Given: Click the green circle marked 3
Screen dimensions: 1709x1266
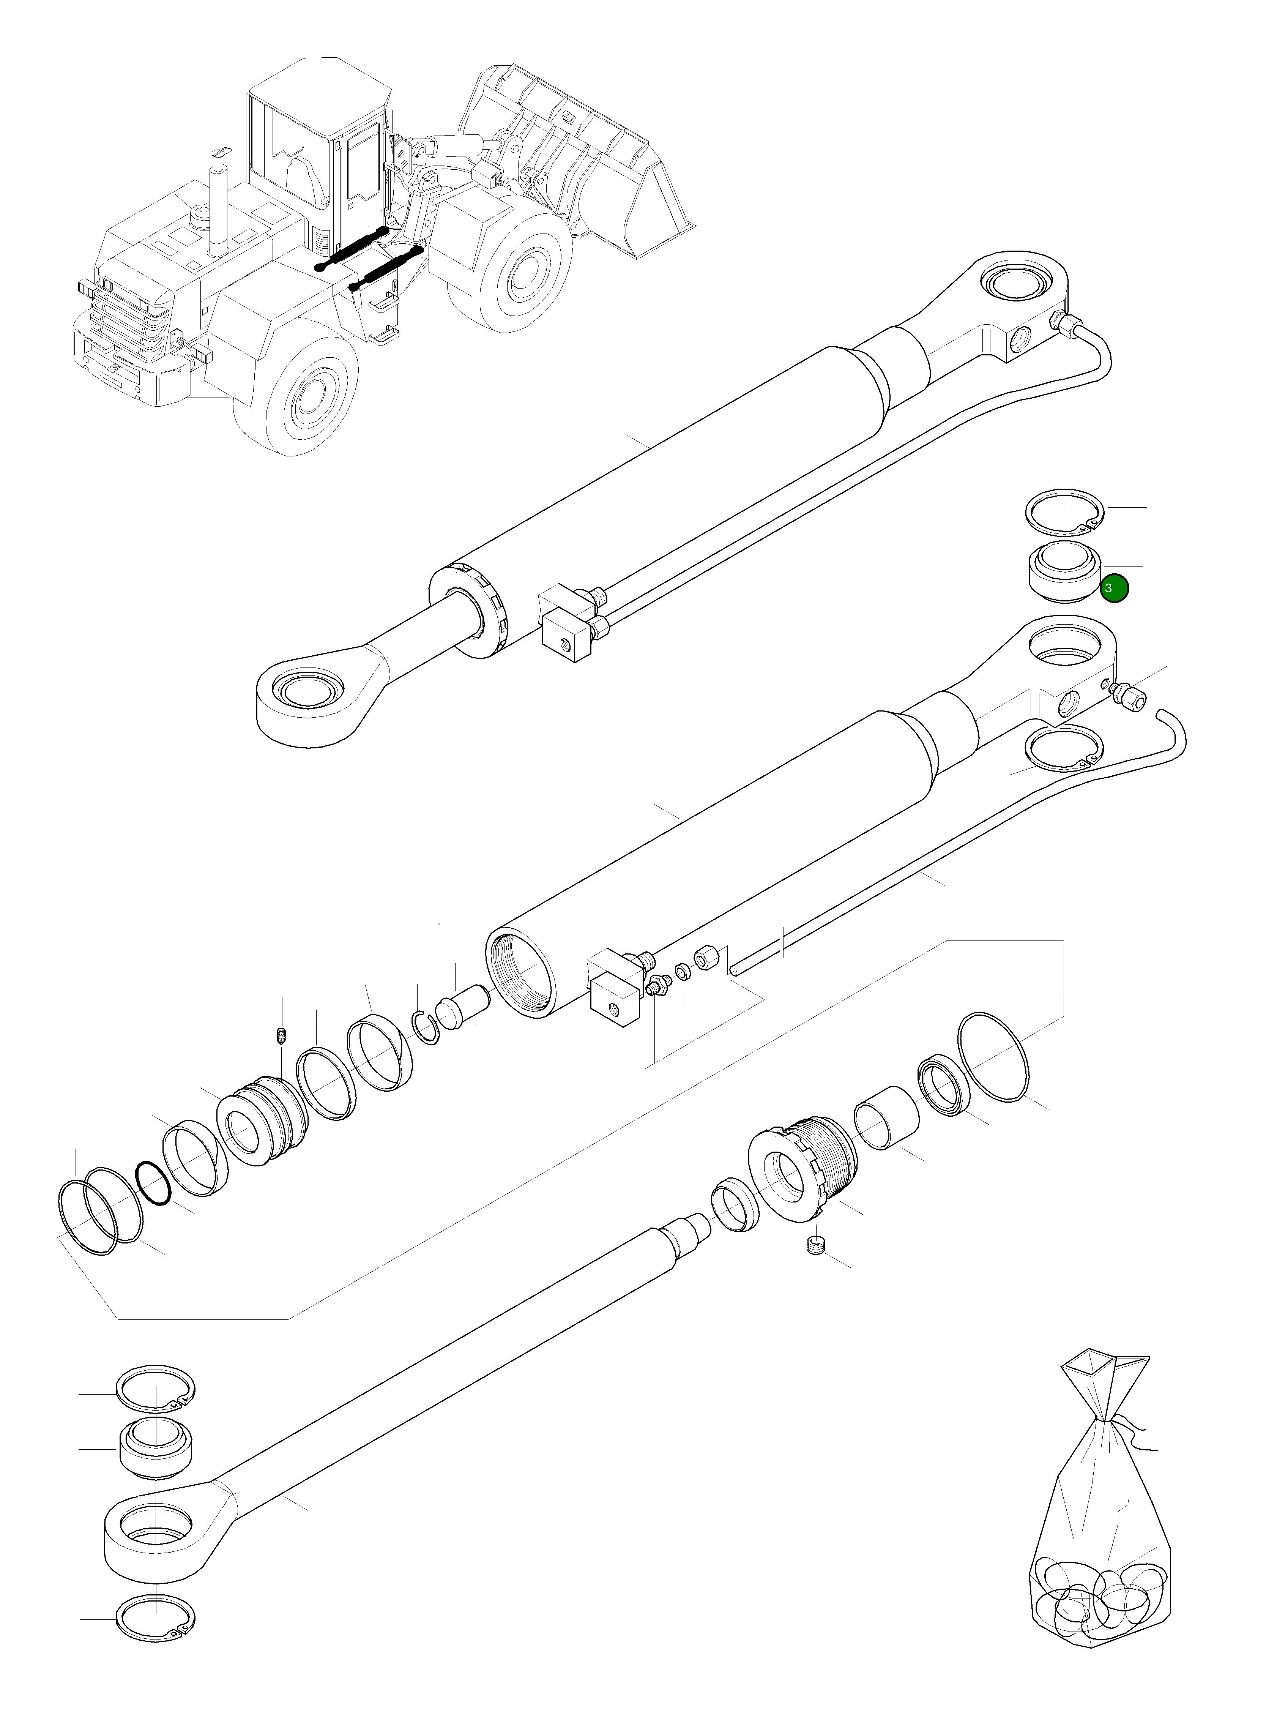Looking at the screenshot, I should (1113, 589).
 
